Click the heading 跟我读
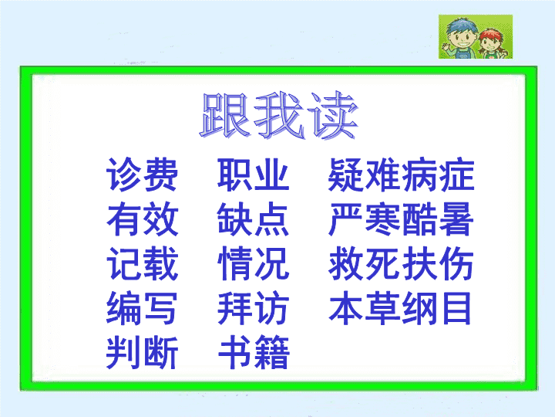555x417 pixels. point(279,115)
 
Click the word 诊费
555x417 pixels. point(142,175)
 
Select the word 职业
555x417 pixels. point(254,175)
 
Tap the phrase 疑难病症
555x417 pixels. point(401,175)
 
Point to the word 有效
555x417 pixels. point(142,219)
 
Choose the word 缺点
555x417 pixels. point(254,219)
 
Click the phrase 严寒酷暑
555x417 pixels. point(401,219)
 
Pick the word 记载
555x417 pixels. point(142,263)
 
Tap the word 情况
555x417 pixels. point(254,263)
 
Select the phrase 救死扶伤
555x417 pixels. point(401,263)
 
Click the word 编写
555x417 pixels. point(142,308)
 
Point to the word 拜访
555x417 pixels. point(254,308)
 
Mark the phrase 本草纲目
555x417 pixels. point(400,308)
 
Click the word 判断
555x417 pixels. point(142,352)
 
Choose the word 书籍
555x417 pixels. point(254,352)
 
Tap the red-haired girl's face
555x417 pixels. point(490,43)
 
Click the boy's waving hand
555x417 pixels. point(444,46)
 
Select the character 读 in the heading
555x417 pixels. point(332,115)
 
